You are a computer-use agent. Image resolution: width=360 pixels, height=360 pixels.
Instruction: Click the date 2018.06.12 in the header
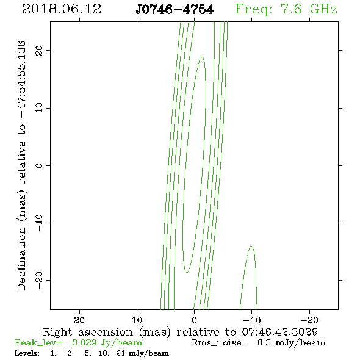click(x=62, y=9)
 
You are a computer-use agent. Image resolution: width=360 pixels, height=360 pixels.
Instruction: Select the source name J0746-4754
click(x=175, y=10)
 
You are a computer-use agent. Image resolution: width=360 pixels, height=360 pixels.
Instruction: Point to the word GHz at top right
click(x=323, y=9)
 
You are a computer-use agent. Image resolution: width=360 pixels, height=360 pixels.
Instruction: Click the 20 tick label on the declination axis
click(x=39, y=51)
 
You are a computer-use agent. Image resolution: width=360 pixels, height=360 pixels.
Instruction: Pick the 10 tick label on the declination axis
click(x=39, y=107)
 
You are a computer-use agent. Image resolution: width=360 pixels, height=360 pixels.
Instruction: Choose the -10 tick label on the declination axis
click(x=39, y=223)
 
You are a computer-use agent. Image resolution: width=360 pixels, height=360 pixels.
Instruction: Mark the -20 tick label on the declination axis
click(x=39, y=280)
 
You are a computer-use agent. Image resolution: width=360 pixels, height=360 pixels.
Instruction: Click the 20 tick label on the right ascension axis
click(x=79, y=320)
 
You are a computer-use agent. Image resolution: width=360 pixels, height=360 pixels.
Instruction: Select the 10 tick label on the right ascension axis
click(x=137, y=320)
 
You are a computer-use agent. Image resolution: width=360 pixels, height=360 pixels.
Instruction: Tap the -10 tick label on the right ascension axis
click(x=252, y=320)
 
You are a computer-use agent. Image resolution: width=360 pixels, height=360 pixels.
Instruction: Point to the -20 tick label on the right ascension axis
click(x=309, y=320)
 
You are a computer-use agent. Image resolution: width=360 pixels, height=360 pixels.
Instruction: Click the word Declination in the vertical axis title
click(x=21, y=259)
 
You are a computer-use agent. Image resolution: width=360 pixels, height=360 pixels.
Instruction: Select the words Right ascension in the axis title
click(x=88, y=332)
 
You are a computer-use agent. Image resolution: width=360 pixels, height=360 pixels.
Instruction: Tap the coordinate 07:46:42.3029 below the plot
click(x=279, y=332)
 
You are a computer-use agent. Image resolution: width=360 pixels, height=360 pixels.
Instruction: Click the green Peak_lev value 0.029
click(x=84, y=342)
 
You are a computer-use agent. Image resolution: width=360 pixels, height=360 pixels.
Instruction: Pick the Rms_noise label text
click(x=220, y=343)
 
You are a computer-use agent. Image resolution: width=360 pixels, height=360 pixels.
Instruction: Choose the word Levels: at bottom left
click(x=27, y=353)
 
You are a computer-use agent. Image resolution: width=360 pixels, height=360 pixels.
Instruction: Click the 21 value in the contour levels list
click(x=121, y=353)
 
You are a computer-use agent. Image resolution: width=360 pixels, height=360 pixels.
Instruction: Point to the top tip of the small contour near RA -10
click(x=251, y=246)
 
